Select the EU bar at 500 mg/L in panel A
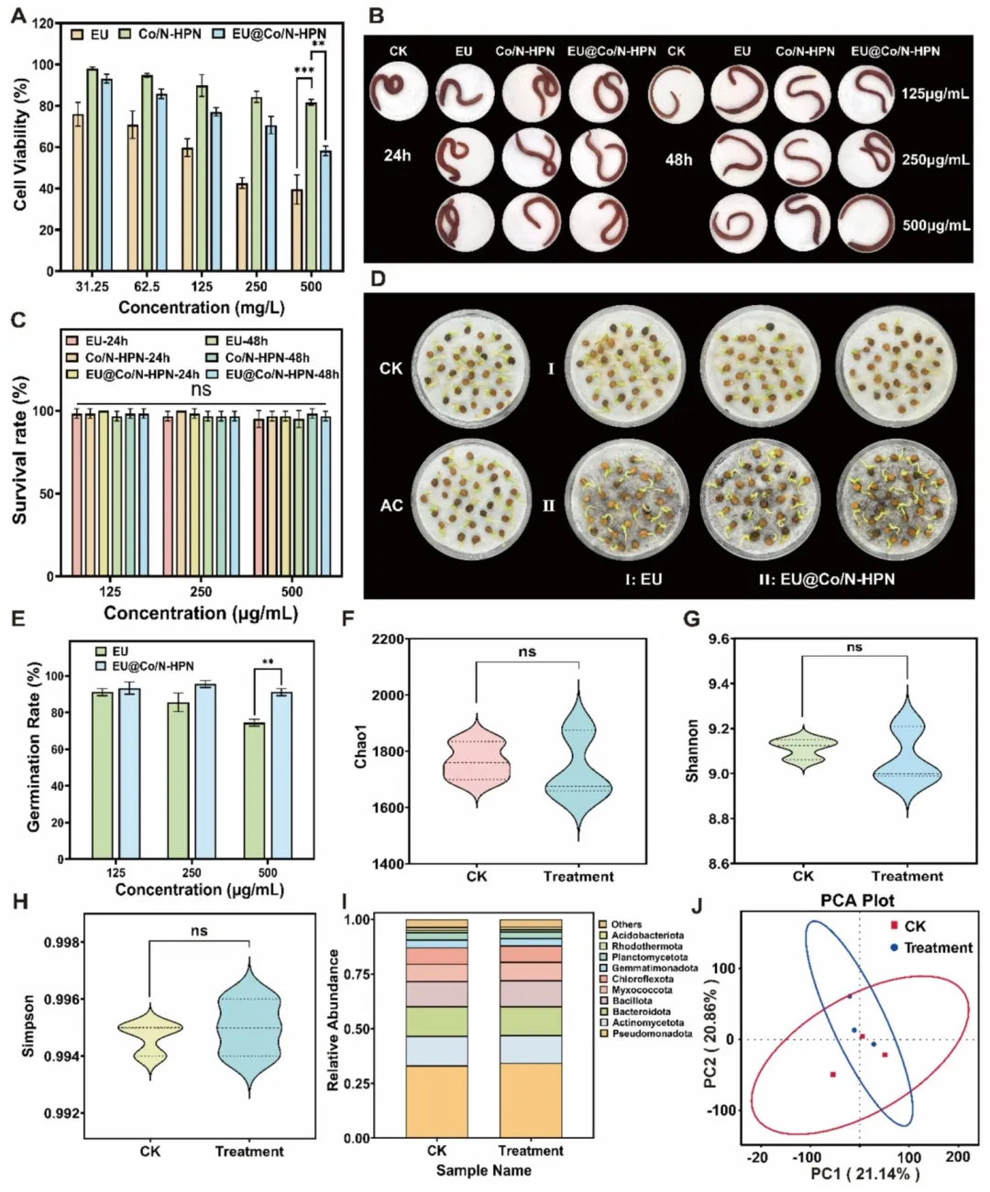(297, 230)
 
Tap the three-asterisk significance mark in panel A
(303, 71)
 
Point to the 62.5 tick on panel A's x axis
(147, 287)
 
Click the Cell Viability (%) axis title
(20, 145)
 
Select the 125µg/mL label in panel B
(934, 94)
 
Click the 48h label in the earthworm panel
(678, 159)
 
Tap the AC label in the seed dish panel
(391, 505)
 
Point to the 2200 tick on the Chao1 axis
(388, 640)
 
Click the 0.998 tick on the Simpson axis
(61, 943)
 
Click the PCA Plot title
(857, 901)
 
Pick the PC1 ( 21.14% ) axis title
(864, 1173)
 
